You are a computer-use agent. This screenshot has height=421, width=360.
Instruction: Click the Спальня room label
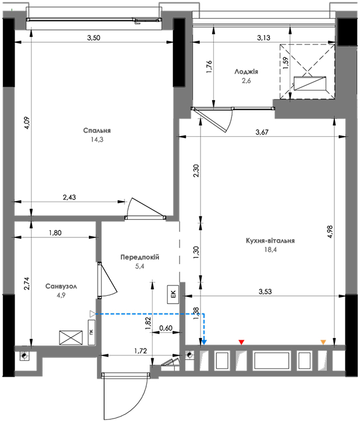coord(97,130)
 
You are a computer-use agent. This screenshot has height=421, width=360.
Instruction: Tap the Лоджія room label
coord(246,72)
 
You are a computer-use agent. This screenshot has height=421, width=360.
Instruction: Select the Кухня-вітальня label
coord(270,240)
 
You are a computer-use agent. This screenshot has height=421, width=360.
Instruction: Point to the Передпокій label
coord(140,257)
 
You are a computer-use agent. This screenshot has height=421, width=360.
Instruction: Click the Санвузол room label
coord(61,287)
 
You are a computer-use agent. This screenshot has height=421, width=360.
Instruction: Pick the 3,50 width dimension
coord(94,38)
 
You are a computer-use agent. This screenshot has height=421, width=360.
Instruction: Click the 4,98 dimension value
coord(330,232)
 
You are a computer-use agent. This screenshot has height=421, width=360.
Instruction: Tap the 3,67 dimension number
coord(262,132)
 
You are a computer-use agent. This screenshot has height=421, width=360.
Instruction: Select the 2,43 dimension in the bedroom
coord(69,198)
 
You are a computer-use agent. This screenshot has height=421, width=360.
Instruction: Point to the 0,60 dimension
coord(166,328)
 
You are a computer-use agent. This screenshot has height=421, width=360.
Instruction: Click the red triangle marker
coord(241,342)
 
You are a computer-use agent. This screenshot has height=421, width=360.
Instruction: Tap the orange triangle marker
coord(323,342)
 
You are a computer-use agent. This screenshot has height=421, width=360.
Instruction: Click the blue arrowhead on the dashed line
coord(204,342)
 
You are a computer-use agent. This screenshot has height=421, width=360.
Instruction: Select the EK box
coord(173,294)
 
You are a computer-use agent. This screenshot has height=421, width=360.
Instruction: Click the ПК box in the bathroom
coord(92,332)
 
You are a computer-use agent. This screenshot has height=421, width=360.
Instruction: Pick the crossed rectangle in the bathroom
coord(71,338)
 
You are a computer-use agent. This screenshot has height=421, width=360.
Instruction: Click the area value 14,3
coord(97,140)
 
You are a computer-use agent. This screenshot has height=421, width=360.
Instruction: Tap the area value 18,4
coord(271,250)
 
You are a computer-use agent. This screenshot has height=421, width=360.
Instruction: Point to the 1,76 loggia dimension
coord(209,67)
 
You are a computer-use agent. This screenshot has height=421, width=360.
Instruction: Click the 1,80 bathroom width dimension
coord(56,233)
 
